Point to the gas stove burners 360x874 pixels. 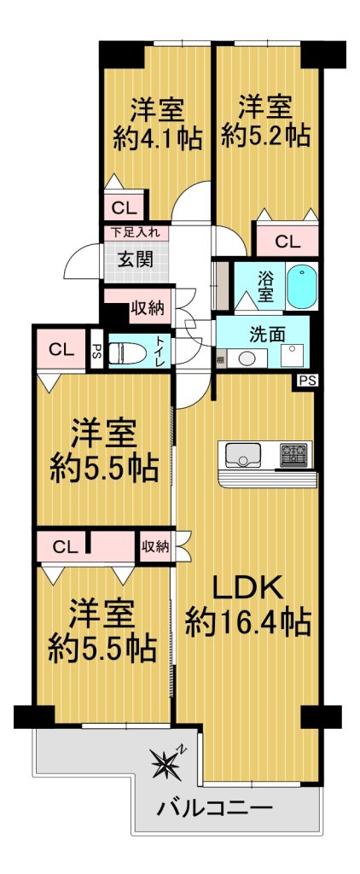[295, 454]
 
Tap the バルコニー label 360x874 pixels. [214, 807]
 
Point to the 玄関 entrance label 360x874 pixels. [136, 259]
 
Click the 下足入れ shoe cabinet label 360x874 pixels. [135, 232]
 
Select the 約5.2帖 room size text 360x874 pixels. [265, 136]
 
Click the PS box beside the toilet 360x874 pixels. [97, 352]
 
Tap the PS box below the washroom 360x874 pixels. [306, 382]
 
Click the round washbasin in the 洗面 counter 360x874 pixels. [246, 358]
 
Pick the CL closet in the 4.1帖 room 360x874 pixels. [124, 208]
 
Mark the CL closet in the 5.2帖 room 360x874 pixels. [287, 241]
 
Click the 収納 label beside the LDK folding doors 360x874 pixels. [154, 547]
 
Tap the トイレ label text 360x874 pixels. [160, 352]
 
